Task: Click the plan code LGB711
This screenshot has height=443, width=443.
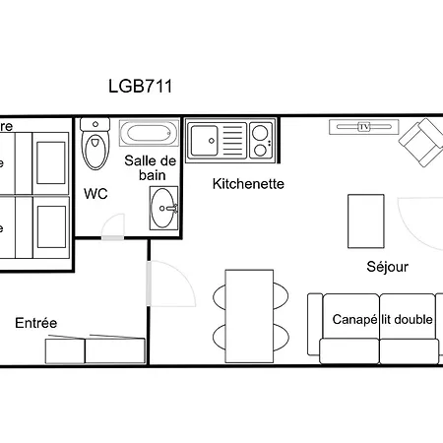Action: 140,86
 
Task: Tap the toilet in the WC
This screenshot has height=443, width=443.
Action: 95,148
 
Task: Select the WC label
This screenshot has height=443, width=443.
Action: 95,194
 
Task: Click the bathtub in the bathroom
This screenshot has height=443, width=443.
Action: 149,134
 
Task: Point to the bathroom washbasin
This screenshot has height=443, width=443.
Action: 164,206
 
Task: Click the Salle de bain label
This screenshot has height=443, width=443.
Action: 150,167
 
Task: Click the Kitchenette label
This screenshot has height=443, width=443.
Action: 249,183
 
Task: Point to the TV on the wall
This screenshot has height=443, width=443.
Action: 364,127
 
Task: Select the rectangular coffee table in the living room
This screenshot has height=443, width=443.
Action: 365,221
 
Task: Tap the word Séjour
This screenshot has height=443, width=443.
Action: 387,266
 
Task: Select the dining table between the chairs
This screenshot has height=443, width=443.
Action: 247,314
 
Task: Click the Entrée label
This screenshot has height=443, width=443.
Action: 35,323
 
